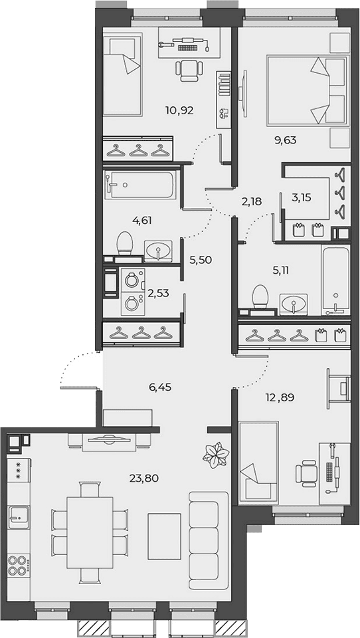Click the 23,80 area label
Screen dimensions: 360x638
[x=144, y=478]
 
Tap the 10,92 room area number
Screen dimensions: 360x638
[x=179, y=110]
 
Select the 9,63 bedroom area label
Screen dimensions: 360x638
[x=285, y=141]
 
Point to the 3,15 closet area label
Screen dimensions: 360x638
[x=302, y=199]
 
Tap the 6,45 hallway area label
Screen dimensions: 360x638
[x=160, y=387]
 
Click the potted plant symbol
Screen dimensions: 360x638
[x=216, y=455]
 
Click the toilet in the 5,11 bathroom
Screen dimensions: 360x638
[x=260, y=300]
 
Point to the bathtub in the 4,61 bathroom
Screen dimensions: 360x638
[x=140, y=185]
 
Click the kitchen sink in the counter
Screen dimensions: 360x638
[x=19, y=517]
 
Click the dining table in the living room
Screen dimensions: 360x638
[x=90, y=533]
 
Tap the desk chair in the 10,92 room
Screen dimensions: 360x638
[x=189, y=69]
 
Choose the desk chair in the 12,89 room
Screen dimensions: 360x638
[x=307, y=473]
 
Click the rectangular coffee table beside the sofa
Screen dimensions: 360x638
[x=164, y=535]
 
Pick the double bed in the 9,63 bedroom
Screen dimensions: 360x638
[x=307, y=90]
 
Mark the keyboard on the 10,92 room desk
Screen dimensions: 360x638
[x=187, y=48]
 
